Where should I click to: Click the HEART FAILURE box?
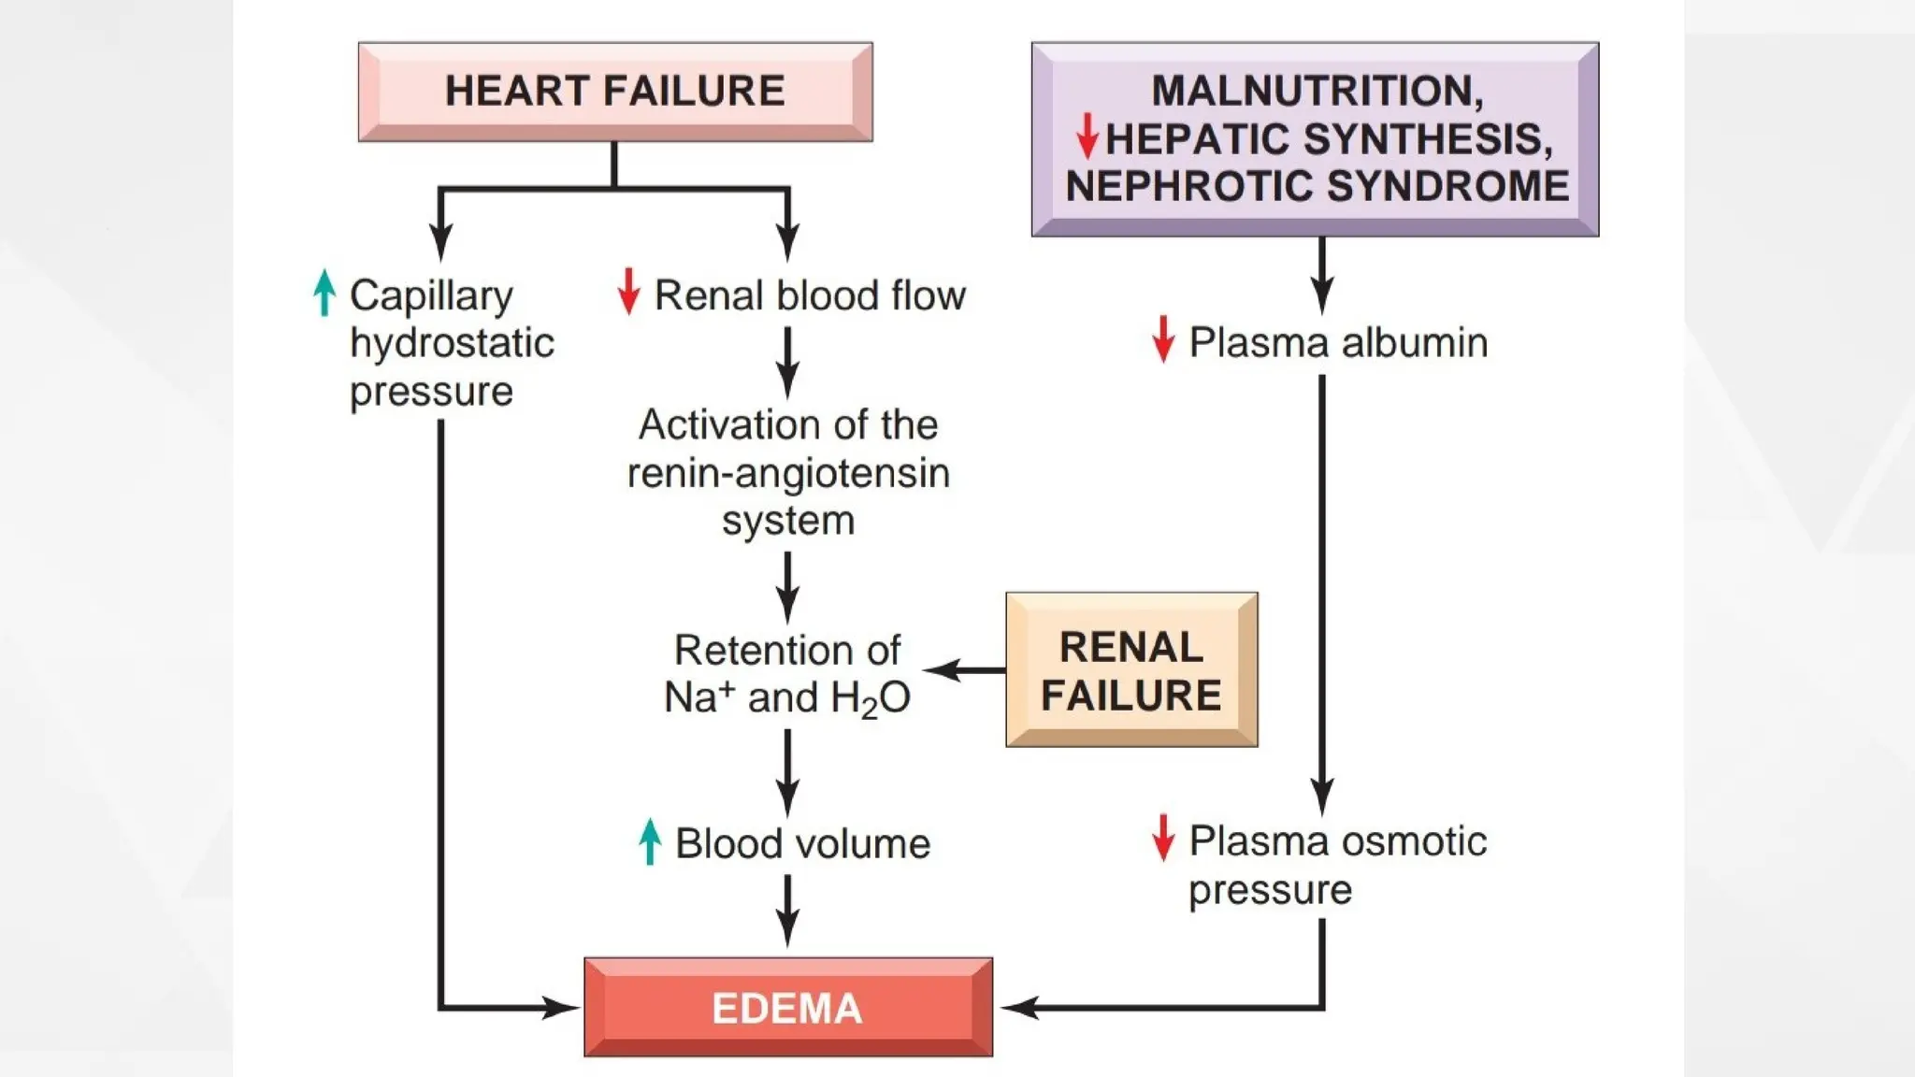tap(615, 92)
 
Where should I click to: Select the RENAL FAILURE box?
tap(1131, 670)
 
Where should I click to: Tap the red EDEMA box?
tap(787, 1008)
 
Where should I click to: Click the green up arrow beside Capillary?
tap(324, 293)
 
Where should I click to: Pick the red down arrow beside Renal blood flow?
tap(628, 291)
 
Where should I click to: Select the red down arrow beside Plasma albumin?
tap(1163, 338)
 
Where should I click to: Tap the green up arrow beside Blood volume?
tap(650, 841)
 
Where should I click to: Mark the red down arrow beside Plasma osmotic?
tap(1163, 838)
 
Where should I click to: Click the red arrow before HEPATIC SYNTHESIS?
tap(1087, 136)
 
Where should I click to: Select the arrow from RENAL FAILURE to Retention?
tap(963, 670)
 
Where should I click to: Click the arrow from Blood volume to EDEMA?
tap(787, 911)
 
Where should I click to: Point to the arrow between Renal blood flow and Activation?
tap(787, 363)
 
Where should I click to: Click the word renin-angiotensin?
tap(787, 473)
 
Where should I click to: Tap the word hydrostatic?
tap(452, 343)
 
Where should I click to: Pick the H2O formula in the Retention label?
tap(870, 698)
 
